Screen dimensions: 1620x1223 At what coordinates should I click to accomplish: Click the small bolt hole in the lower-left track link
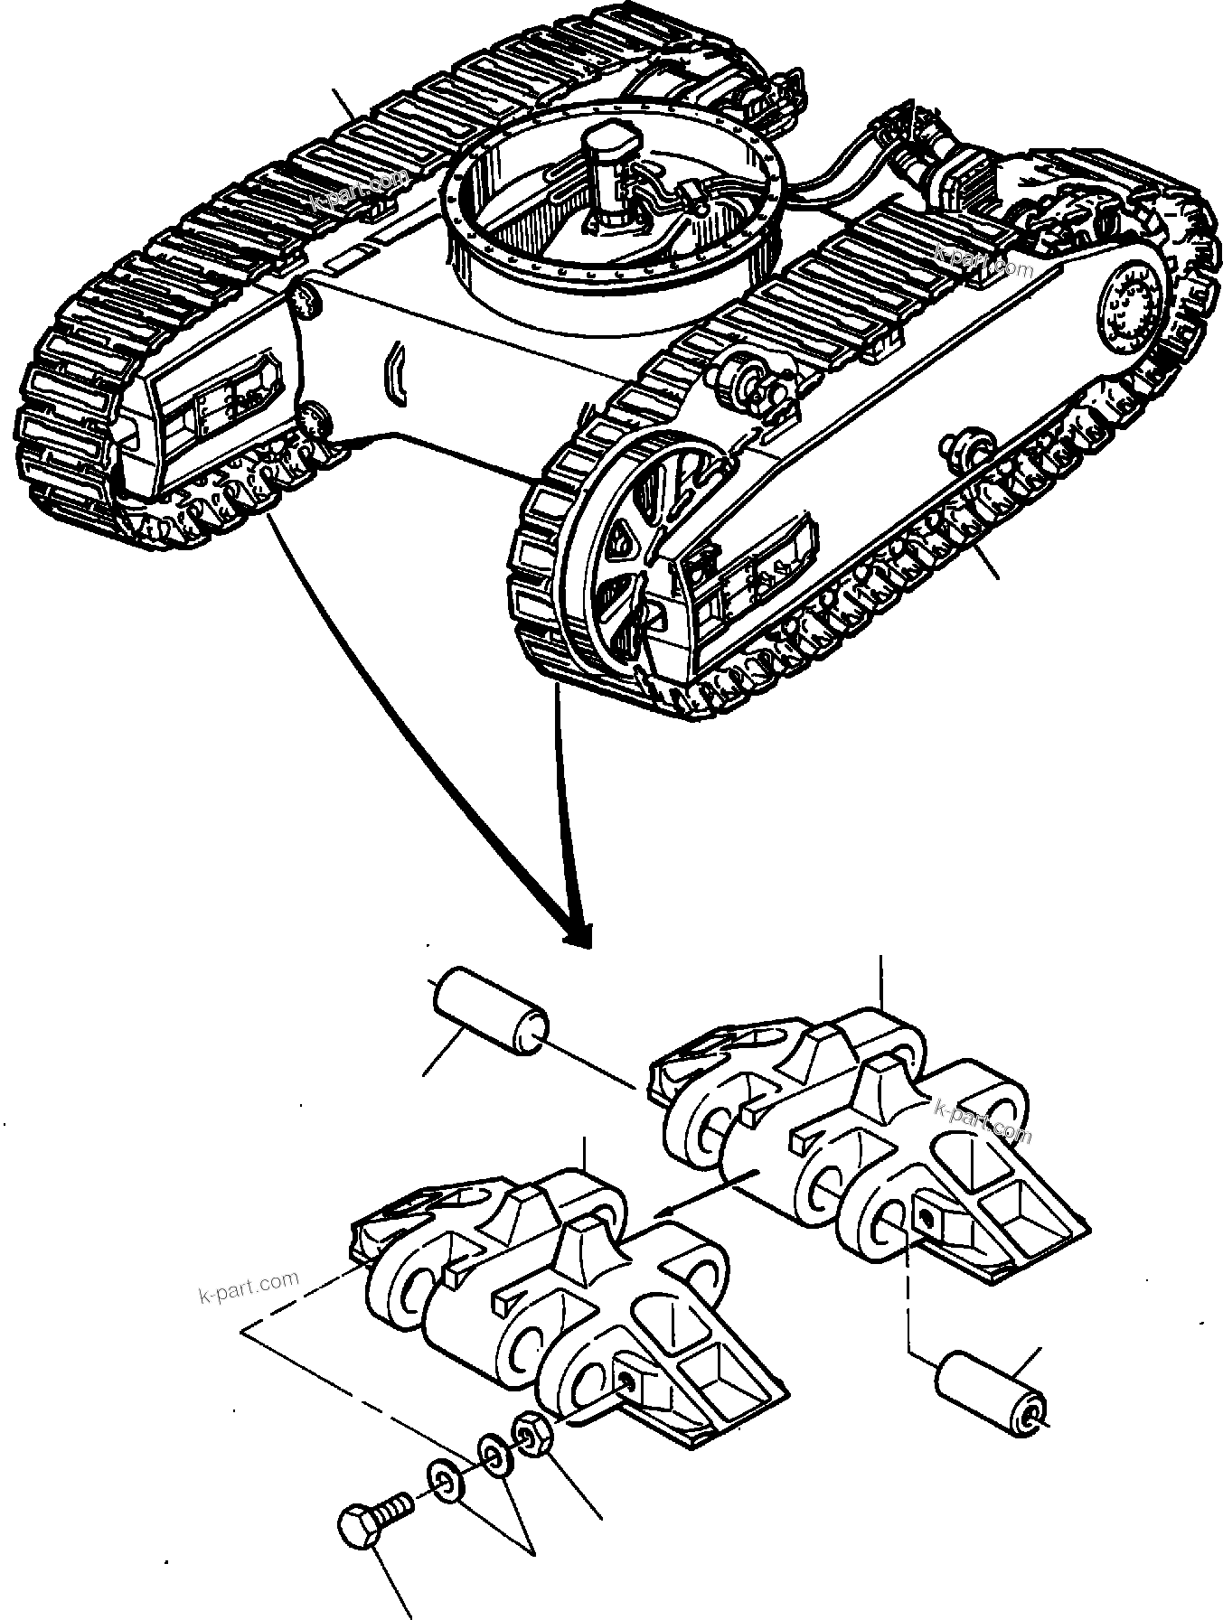tap(626, 1400)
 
